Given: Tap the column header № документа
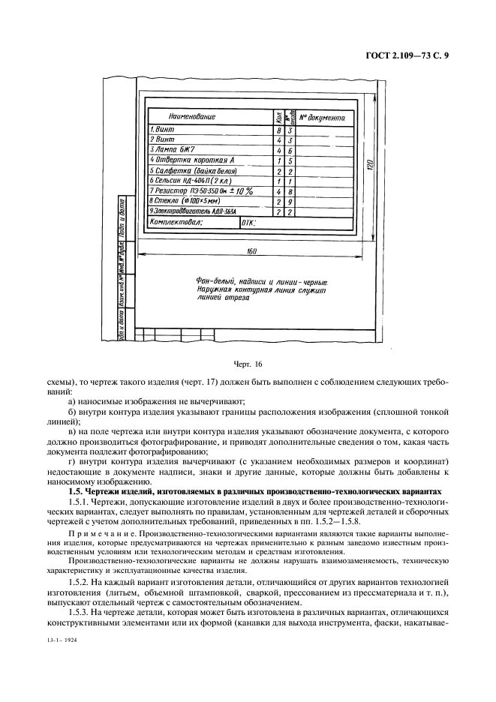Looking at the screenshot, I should click(x=322, y=118).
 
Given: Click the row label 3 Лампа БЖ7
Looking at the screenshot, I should click(x=173, y=150).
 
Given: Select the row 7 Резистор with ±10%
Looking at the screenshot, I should click(x=203, y=191).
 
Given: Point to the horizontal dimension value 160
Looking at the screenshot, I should click(x=251, y=252).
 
